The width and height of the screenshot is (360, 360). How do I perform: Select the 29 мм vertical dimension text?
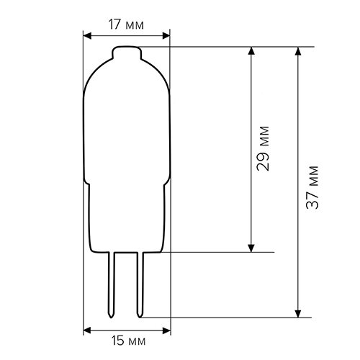coord(264,150)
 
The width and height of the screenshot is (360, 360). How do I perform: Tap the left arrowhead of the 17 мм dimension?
coord(88,35)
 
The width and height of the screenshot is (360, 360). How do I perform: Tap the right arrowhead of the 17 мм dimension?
coord(166,35)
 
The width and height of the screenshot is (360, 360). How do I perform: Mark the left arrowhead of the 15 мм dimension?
coord(88,329)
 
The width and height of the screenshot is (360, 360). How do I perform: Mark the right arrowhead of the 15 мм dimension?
coord(166,329)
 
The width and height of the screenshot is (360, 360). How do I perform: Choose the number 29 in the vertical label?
coord(264,162)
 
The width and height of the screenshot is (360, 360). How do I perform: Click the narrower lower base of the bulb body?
coord(127,216)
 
